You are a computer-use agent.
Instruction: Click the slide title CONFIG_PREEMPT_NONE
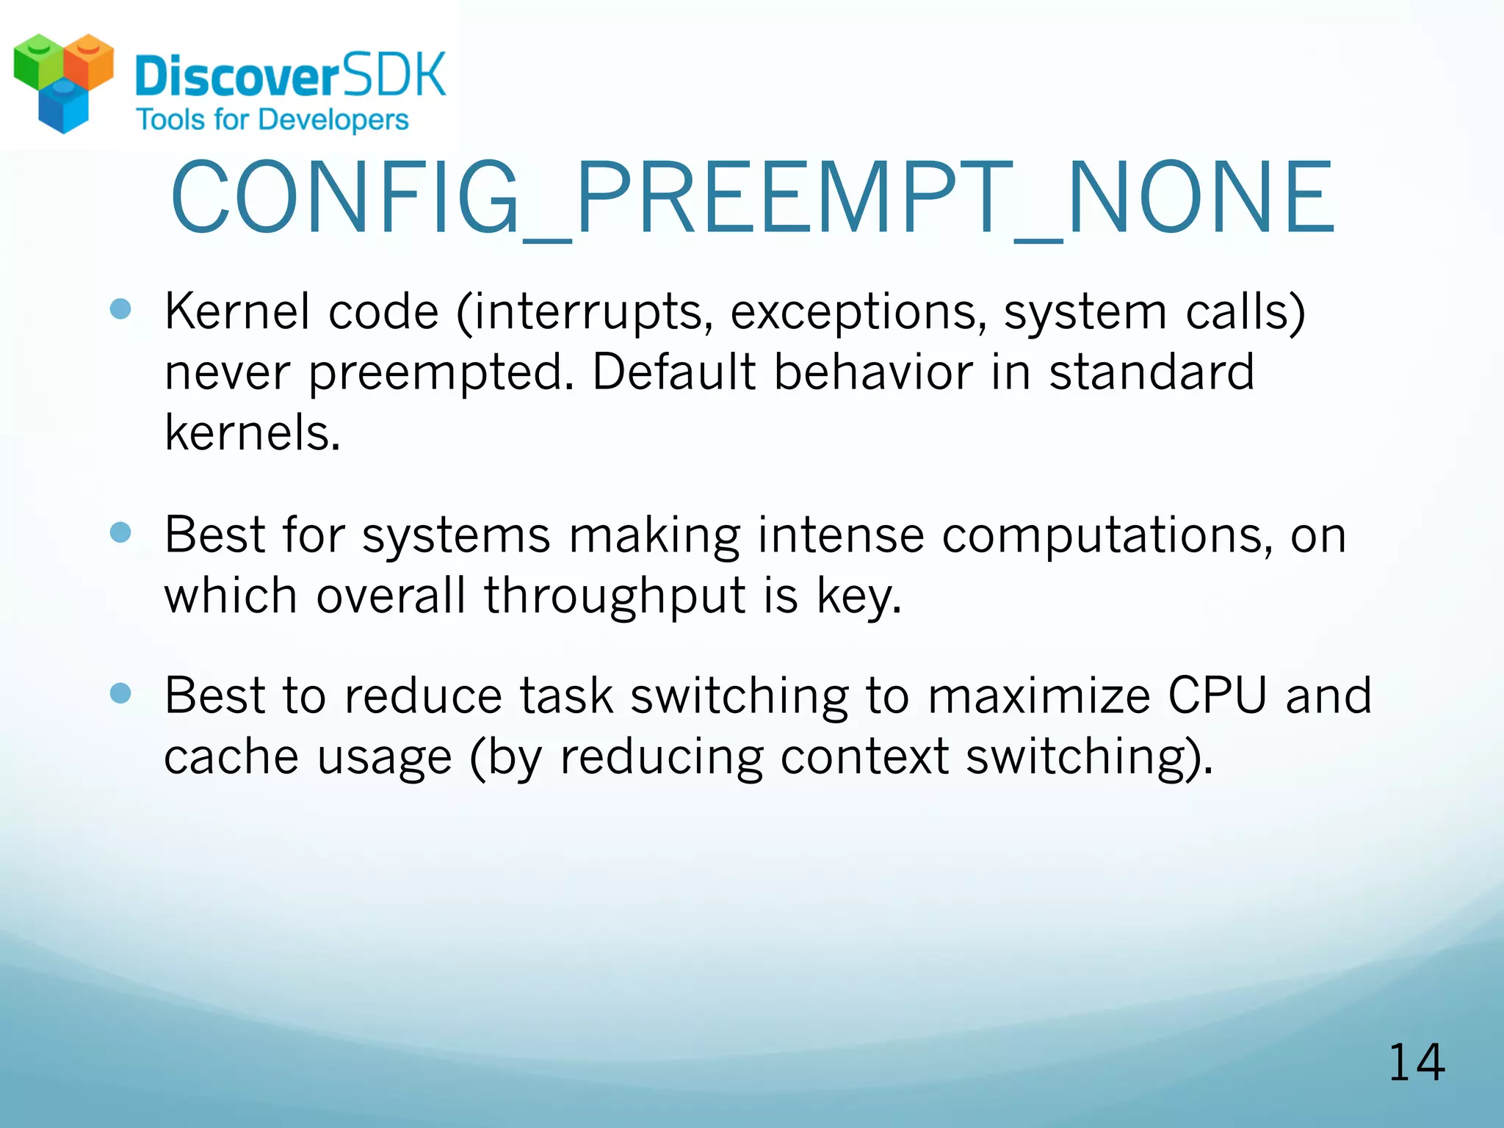coord(752,198)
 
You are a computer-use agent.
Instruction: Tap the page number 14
coord(1416,1063)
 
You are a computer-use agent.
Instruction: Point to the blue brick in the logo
coord(63,109)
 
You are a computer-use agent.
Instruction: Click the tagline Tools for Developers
coord(272,120)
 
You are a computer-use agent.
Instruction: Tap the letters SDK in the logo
coord(394,75)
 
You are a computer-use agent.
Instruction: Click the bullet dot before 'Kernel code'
coord(120,309)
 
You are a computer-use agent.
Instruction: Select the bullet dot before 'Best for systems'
coord(120,532)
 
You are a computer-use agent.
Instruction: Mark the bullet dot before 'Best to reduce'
coord(120,693)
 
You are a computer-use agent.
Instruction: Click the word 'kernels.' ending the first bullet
coord(253,433)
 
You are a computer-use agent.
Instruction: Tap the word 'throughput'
coord(614,596)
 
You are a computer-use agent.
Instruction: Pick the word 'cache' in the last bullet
coord(231,756)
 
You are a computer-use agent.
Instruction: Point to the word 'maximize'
coord(1038,695)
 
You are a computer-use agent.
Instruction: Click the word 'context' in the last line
coord(864,756)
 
